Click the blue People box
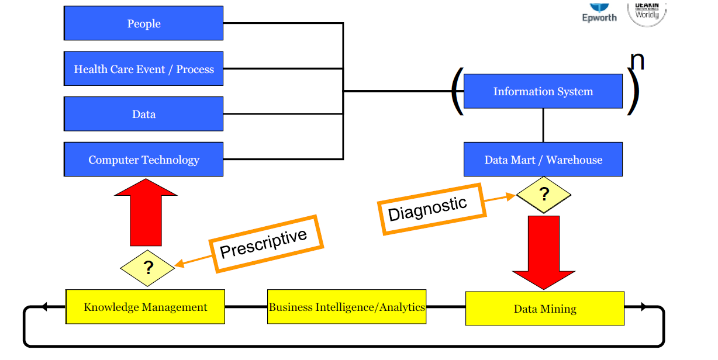click(x=143, y=23)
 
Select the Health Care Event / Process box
click(x=143, y=69)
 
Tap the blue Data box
click(x=143, y=114)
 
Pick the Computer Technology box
click(x=143, y=160)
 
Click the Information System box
click(x=543, y=91)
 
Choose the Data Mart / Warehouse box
click(x=543, y=160)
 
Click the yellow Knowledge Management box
click(x=145, y=307)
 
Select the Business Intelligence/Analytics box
click(x=347, y=306)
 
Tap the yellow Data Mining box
click(x=544, y=309)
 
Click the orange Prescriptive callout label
click(x=263, y=244)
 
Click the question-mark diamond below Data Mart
click(x=544, y=194)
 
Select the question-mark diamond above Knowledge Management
click(x=147, y=268)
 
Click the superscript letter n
click(x=637, y=61)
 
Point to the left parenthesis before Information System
click(x=457, y=92)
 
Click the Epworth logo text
click(x=599, y=17)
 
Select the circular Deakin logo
click(x=647, y=12)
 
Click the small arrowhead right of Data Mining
click(x=643, y=307)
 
